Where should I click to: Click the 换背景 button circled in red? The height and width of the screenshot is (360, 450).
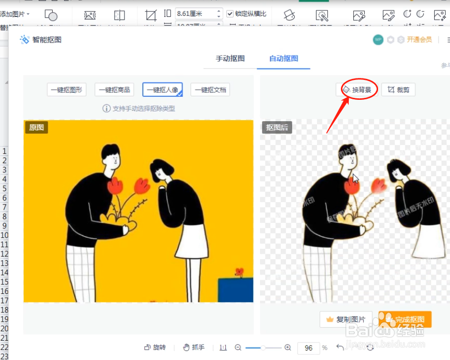[x=357, y=90]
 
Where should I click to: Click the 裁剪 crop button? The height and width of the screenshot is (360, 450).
[x=398, y=90]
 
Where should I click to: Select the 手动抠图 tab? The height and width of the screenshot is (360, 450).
[x=230, y=58]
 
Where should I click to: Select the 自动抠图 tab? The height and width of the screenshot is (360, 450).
[x=284, y=58]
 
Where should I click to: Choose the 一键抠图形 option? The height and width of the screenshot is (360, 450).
[x=67, y=90]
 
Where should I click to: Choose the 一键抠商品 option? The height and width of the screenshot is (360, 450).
[x=114, y=90]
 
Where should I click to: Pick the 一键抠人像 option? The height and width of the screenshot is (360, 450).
[x=162, y=90]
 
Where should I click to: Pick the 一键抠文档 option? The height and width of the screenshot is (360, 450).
[x=210, y=90]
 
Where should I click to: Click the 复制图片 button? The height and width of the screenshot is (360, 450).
[x=346, y=319]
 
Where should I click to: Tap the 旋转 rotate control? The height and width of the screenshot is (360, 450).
[x=155, y=348]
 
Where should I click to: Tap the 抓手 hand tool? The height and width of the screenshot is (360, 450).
[x=193, y=348]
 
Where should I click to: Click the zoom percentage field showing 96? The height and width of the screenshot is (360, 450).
[x=309, y=348]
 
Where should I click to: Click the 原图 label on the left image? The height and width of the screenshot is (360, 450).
[x=36, y=128]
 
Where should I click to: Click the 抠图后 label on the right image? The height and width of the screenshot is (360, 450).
[x=277, y=128]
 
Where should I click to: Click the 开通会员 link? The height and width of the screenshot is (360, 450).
[x=419, y=40]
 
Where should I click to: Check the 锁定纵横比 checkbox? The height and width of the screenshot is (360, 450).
[x=230, y=14]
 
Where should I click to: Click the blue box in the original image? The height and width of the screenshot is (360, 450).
[x=235, y=290]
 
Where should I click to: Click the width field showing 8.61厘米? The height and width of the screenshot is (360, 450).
[x=194, y=14]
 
